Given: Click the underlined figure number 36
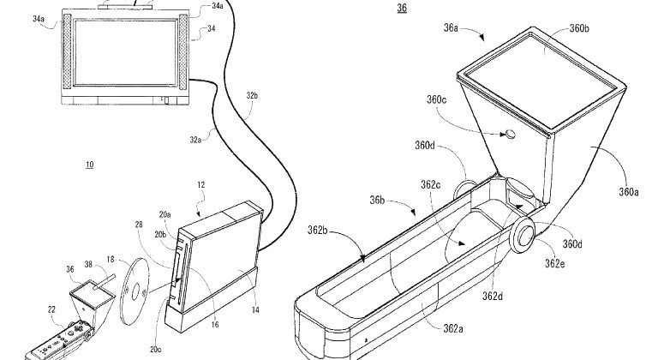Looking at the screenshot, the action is pos(402,8).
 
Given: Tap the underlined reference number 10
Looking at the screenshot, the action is pos(89,165).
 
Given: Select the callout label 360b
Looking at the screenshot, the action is pos(579,28).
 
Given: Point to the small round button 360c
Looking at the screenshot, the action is pos(510,134).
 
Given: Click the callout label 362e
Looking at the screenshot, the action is pos(554,263).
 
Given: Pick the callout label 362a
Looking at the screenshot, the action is pos(453,328).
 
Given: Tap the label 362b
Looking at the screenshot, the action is pos(317,230).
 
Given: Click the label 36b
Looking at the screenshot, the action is pos(377,200).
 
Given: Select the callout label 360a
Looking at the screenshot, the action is pos(629,192).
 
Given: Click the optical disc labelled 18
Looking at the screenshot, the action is pos(135,291).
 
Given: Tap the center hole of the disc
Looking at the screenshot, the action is pos(135,292).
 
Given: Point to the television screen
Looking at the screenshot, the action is pos(125,52).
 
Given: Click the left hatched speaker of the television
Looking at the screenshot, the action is pos(67,52).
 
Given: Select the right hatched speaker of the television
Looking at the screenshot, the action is pos(183,52).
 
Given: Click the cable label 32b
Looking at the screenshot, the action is pos(252,96).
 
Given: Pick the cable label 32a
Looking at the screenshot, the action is pos(195,140).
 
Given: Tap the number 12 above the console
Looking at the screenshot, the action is pos(201,185).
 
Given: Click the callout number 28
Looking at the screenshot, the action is pos(139,225).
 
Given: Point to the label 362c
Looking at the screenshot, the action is pos(431,185).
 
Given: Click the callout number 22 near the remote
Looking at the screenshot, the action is pos(51,309).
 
